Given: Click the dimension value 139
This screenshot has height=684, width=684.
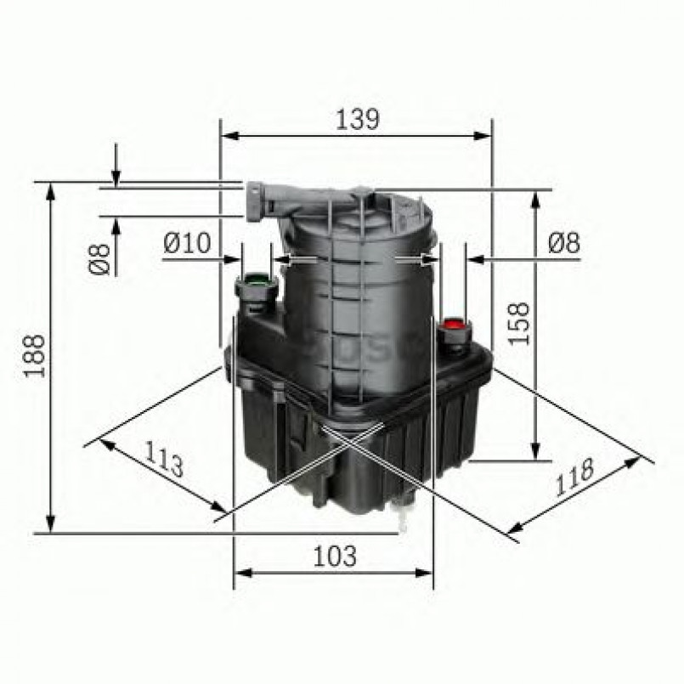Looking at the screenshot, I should coord(355,120).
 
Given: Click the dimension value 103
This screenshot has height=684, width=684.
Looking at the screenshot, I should coord(332,557).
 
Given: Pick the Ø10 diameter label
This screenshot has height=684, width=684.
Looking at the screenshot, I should coord(186,244).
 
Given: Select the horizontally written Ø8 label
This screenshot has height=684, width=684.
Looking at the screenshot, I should coord(563,244).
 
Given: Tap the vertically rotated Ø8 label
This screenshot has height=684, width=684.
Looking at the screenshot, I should coord(99,257).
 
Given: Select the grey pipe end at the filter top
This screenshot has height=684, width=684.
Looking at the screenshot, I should coord(255,201).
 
